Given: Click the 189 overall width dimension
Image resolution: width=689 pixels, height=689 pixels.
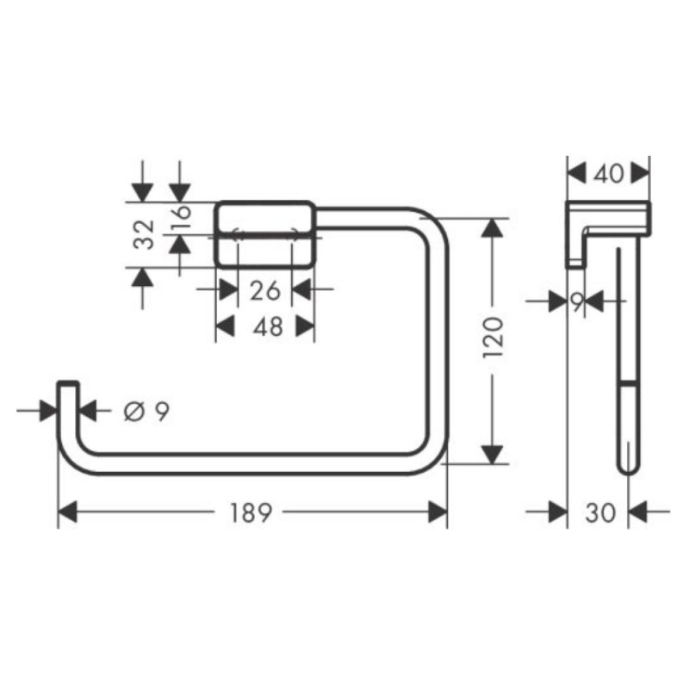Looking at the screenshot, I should [251, 513].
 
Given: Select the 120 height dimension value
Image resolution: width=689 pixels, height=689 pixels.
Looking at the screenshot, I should [492, 341].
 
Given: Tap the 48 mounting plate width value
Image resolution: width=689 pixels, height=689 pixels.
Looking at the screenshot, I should [264, 326].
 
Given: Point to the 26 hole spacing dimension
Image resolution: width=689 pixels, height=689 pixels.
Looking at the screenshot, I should [264, 290].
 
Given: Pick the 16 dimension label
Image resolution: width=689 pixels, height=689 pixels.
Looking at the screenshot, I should [180, 216].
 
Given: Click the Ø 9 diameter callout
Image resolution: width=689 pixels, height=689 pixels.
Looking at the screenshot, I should [146, 412].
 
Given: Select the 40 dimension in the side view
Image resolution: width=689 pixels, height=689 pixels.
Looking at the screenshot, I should [609, 174].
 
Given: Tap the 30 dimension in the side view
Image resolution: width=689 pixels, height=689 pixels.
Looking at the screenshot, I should [599, 513].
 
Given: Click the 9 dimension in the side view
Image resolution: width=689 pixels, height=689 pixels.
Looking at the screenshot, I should [577, 301].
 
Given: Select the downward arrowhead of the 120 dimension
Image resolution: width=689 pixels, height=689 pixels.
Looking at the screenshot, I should [492, 452].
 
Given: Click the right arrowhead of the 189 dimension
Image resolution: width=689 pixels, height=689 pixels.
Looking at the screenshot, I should [438, 513].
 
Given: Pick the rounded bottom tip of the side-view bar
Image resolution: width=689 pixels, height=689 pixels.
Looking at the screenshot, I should [628, 465].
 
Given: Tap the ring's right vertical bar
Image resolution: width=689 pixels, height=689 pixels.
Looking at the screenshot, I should [438, 344].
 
